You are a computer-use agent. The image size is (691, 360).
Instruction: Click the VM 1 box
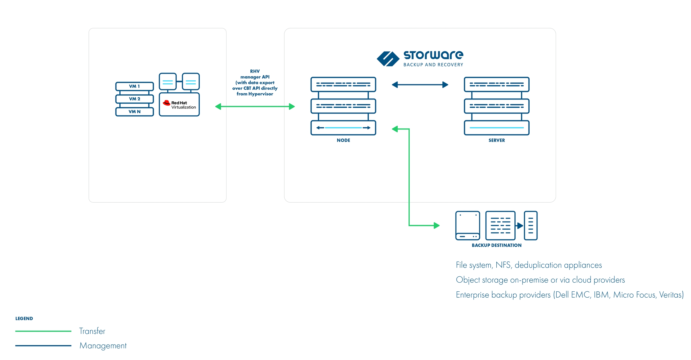point(134,86)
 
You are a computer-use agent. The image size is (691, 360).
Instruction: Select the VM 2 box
point(134,99)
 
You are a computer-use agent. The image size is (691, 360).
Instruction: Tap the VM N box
point(134,112)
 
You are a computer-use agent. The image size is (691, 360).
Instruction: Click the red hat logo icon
point(166,103)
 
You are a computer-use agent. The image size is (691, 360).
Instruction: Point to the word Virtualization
point(184,107)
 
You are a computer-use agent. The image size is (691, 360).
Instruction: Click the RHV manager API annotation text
point(255,82)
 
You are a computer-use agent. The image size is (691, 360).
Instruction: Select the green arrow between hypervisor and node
point(255,106)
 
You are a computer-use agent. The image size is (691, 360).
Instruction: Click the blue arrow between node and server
point(420,85)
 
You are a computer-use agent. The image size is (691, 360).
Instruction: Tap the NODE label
point(343,140)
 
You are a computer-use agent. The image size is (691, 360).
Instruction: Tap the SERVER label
point(497,140)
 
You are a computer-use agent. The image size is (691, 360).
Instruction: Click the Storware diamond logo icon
point(388,59)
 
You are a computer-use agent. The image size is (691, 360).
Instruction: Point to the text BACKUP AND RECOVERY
point(433,65)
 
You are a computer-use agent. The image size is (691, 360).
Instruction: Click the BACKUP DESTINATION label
point(497,245)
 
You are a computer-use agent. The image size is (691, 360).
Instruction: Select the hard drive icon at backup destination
point(468,225)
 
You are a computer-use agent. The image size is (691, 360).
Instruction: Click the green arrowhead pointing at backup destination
point(437,225)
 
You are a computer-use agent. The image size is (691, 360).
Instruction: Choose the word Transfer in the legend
point(92,331)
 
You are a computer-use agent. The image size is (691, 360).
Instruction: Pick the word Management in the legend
point(103,346)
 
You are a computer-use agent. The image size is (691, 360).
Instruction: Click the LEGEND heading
point(24,319)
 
